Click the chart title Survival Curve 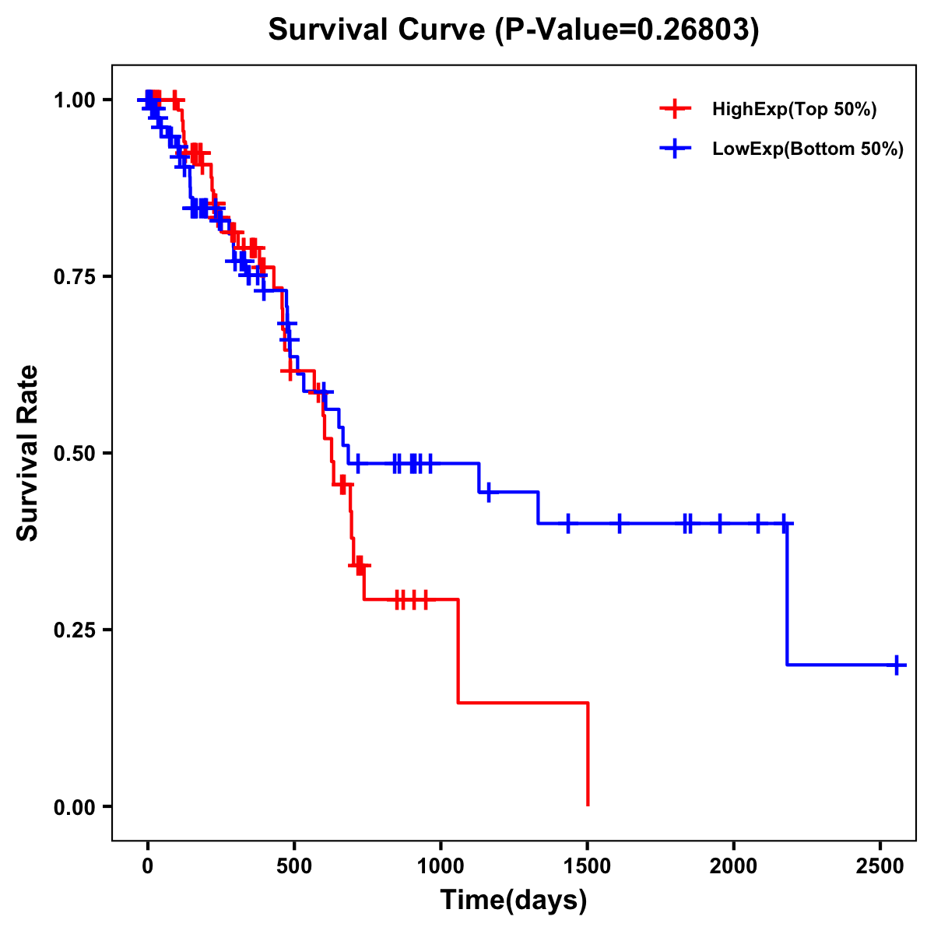pos(513,30)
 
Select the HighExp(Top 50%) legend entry pos(794,110)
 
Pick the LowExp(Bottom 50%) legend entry pos(807,149)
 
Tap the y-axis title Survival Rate pos(28,453)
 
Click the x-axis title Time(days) pos(514,901)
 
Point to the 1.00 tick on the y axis pos(74,100)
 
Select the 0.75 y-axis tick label pos(74,277)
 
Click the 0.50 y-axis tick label pos(74,453)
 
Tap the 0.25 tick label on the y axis pos(74,630)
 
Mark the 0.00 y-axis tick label pos(74,807)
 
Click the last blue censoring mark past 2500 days pos(897,665)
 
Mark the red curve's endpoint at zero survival pos(588,805)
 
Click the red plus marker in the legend pos(675,110)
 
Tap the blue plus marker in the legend pos(675,149)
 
